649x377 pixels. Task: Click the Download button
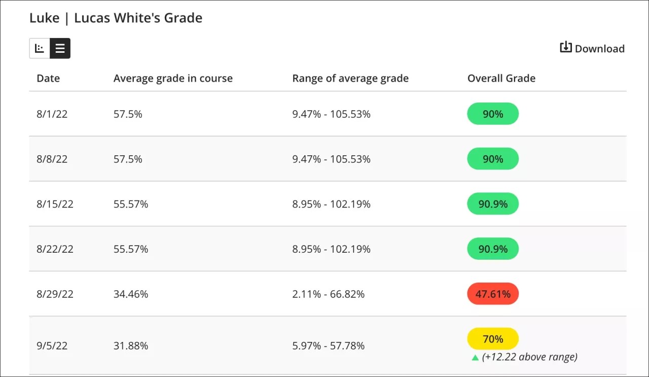592,48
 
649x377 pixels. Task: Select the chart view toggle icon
40,48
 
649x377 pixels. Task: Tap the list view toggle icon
60,48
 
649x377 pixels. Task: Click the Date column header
48,78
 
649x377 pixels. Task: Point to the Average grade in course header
173,78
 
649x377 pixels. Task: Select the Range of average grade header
350,78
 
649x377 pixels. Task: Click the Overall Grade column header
501,78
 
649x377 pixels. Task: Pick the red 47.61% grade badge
492,294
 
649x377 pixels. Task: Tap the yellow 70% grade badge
492,338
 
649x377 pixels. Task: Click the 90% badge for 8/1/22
492,114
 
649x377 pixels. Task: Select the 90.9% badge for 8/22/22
492,249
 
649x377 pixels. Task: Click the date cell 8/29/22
55,294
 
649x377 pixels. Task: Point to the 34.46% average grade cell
131,294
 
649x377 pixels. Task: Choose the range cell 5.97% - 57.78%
328,346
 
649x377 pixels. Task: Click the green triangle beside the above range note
475,358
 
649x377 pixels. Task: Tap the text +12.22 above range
530,357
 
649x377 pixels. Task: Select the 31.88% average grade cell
131,346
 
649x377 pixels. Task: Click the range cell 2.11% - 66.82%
328,294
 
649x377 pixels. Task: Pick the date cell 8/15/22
55,204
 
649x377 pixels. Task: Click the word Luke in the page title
44,18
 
